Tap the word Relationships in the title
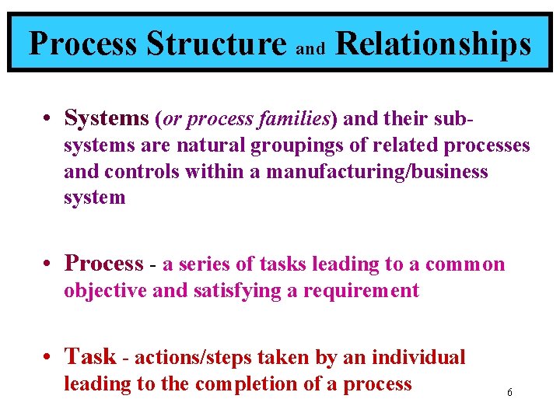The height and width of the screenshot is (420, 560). point(434,44)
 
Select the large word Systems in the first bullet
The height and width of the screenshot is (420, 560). point(107,118)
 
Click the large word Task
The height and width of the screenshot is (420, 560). point(90,357)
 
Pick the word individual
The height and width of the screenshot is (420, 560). point(418,358)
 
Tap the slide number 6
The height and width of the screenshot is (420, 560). point(509,393)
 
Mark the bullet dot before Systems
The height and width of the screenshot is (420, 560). point(49,120)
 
